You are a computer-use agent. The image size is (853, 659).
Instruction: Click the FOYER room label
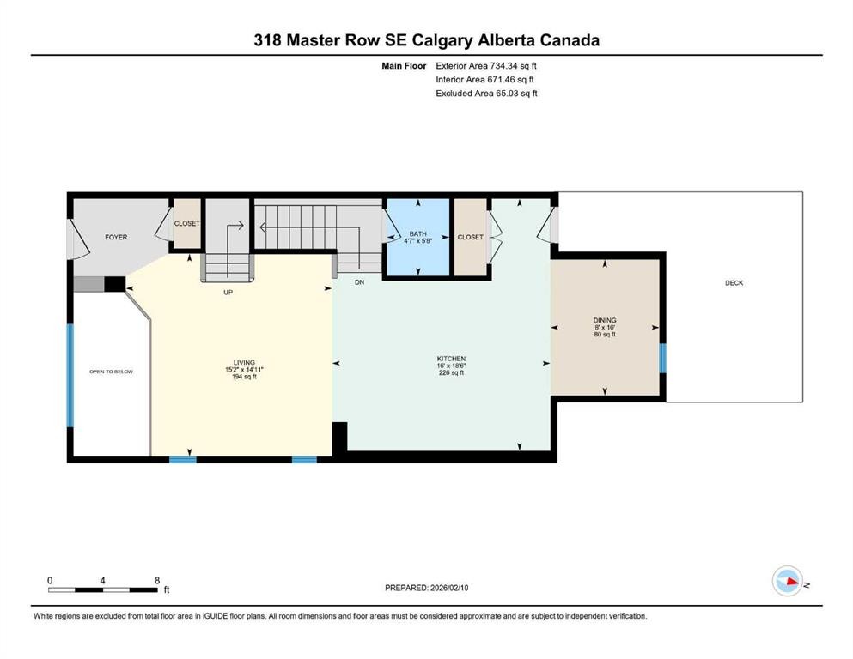click(116, 237)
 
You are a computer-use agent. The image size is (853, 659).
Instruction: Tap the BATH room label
click(417, 233)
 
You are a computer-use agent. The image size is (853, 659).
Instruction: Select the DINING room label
click(604, 320)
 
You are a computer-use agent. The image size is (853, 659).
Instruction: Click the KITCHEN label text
click(451, 358)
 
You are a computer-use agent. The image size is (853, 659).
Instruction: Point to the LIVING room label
click(243, 362)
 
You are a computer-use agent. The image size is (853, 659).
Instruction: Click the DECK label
click(734, 283)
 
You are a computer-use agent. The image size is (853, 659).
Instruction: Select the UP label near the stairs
click(228, 292)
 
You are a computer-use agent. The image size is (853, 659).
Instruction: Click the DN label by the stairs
click(360, 281)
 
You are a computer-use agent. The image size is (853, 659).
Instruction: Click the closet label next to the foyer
click(187, 224)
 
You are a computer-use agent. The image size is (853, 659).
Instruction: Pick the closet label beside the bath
click(470, 237)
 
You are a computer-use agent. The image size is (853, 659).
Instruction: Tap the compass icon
click(787, 582)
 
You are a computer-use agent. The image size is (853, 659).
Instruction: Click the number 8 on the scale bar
click(156, 580)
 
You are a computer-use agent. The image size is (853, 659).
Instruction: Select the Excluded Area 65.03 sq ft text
click(487, 94)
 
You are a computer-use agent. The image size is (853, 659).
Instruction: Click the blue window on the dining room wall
click(662, 358)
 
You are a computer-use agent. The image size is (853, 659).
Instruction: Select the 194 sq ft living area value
click(243, 377)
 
